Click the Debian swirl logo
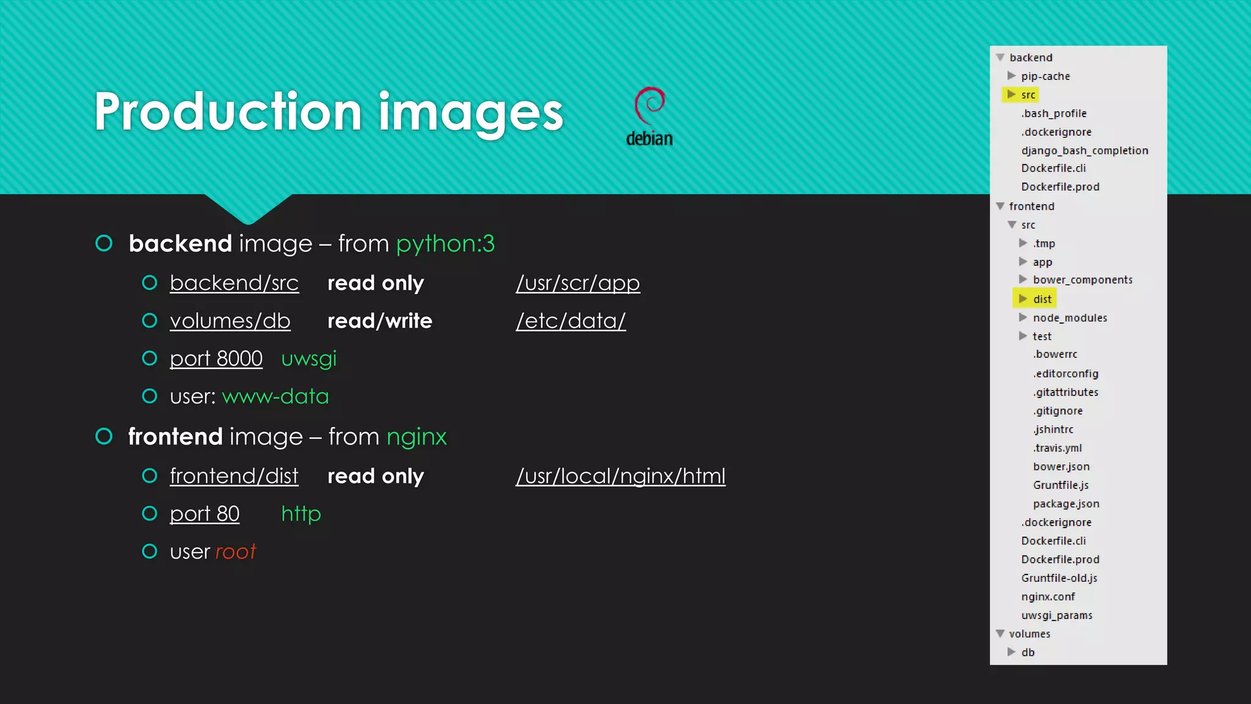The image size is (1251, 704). (x=649, y=106)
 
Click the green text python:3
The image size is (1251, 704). (x=445, y=244)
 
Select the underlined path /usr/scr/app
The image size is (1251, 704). (x=578, y=283)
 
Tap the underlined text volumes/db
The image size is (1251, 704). (x=230, y=321)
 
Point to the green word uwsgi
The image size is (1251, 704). (x=308, y=359)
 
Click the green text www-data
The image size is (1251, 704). (x=275, y=397)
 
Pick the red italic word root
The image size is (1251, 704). (x=235, y=552)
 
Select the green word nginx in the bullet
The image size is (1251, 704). (x=416, y=437)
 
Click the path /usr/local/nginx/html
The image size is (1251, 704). (x=620, y=476)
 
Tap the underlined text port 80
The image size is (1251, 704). (x=205, y=514)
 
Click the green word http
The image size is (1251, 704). (x=301, y=514)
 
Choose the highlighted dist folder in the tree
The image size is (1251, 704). (x=1042, y=299)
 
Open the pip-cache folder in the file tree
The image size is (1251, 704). (x=1045, y=76)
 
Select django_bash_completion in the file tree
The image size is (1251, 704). (x=1084, y=150)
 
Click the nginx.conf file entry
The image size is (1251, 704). (x=1048, y=596)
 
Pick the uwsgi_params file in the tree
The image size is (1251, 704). (x=1057, y=615)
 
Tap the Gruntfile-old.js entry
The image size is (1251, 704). (x=1059, y=578)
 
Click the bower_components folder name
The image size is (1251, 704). (x=1082, y=280)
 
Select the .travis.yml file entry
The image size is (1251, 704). (x=1057, y=448)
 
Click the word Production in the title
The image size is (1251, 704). (x=228, y=112)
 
